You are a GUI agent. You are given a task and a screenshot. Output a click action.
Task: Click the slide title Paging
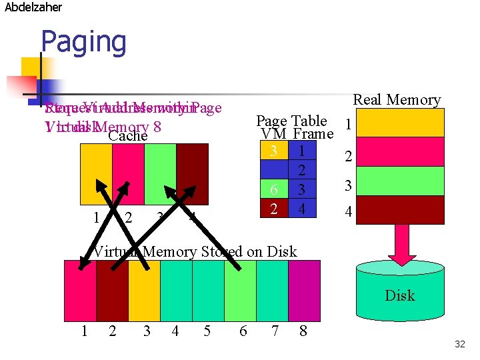83,42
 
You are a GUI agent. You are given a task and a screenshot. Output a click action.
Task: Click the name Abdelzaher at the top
33,7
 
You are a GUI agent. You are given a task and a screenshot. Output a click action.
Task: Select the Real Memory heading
397,100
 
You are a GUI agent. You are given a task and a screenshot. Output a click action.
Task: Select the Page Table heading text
291,121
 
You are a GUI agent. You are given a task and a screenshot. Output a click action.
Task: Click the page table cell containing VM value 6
273,190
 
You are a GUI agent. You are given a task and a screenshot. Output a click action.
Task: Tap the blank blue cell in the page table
273,171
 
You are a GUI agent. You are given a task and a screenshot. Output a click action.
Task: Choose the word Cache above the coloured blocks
127,136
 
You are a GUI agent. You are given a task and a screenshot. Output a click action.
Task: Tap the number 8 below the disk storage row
303,331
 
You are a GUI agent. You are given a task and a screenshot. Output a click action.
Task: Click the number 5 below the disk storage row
207,331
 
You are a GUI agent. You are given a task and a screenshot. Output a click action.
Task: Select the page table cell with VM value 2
273,209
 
